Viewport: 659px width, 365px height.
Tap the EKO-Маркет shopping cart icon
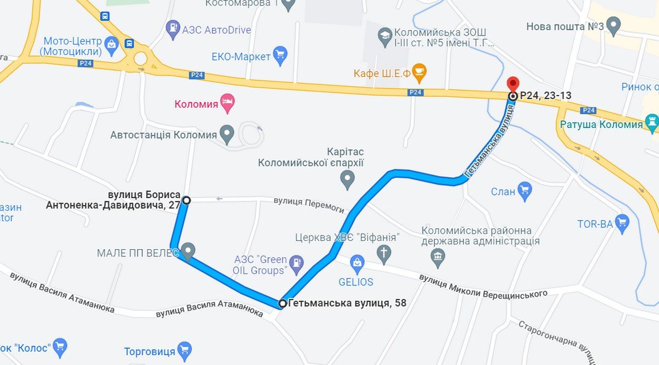pos(281,56)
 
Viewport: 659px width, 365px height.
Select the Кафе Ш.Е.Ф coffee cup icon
pos(419,72)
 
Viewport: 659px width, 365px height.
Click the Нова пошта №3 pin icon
pos(613,25)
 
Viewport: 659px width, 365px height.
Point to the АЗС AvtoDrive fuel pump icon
pos(174,29)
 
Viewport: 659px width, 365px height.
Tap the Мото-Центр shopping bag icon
pos(111,43)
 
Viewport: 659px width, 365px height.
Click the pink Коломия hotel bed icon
pos(227,102)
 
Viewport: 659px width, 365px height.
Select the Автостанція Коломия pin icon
pos(226,133)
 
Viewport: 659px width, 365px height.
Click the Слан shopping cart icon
pos(524,190)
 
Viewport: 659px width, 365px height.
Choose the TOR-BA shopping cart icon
pos(622,223)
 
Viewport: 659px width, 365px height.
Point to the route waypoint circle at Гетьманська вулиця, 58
pos(282,303)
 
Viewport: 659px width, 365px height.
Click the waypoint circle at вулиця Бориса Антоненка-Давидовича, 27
pos(186,200)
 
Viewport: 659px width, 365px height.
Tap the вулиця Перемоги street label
pos(309,204)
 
